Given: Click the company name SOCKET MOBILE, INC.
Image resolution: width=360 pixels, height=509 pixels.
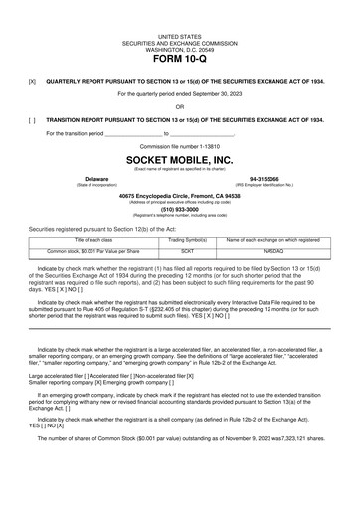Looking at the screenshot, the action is click(179, 159).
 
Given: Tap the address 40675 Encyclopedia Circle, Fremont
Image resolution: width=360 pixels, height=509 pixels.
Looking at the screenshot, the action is click(179, 196).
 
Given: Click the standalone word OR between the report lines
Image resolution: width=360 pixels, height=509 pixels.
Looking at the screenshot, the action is click(179, 106).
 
